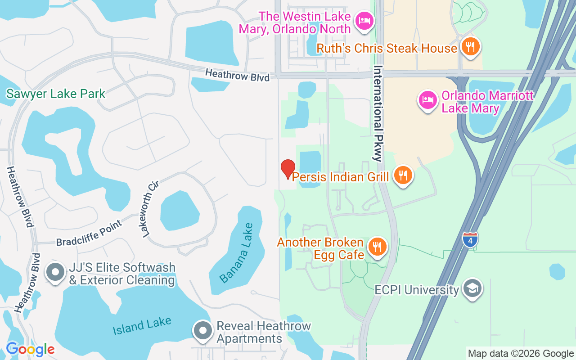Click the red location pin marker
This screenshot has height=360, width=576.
(x=288, y=169)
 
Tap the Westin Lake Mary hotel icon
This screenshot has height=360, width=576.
(x=363, y=21)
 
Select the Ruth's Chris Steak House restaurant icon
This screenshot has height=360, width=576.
(x=470, y=47)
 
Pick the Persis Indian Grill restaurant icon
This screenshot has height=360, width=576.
(x=403, y=175)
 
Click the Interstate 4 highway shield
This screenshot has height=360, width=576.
(x=470, y=239)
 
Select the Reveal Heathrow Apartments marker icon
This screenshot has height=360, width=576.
(x=203, y=331)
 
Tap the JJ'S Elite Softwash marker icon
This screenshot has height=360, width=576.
(x=56, y=273)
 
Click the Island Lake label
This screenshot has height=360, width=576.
(x=142, y=325)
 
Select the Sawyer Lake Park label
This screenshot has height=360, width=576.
(x=56, y=94)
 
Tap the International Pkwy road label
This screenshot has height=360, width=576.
(x=378, y=113)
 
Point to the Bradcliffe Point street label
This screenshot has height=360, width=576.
(x=89, y=233)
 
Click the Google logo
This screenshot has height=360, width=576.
(x=30, y=349)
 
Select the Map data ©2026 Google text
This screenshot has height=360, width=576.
(x=521, y=353)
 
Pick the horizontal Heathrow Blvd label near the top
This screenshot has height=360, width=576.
(x=237, y=75)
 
